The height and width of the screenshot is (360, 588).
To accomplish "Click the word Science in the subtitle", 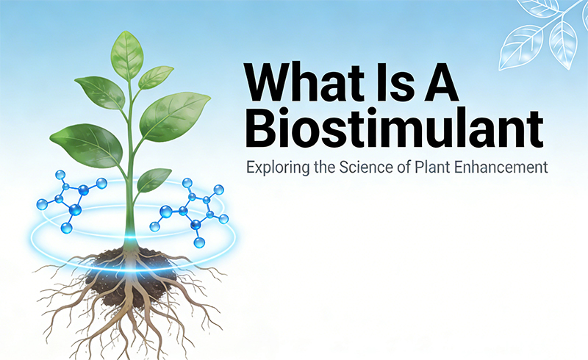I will point(356,167).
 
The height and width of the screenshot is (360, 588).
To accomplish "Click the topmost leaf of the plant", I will point(127,53).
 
